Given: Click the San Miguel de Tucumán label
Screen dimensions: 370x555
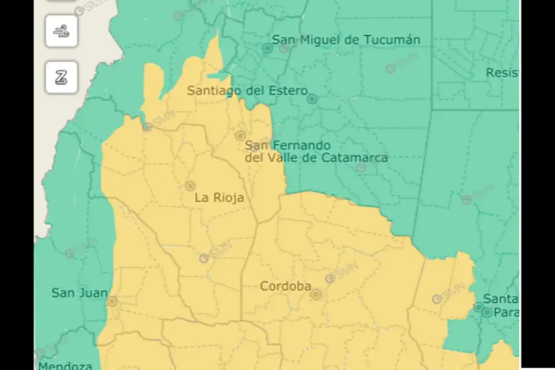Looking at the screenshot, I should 346,40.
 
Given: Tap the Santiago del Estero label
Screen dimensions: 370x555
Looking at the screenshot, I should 247,91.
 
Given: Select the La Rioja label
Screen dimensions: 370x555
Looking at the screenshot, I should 219,198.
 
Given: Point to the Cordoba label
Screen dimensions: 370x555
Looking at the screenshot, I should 285,287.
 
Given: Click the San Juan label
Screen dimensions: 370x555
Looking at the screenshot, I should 79,293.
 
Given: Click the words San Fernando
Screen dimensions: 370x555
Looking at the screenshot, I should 288,146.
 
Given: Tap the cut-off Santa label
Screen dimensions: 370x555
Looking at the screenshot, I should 500,299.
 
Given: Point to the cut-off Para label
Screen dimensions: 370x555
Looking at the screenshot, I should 505,313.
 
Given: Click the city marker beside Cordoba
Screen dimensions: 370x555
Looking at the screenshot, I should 316,294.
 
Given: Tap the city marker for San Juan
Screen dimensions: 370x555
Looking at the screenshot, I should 112,301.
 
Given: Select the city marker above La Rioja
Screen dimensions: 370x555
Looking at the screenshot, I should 190,186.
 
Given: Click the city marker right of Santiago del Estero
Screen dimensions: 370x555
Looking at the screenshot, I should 312,99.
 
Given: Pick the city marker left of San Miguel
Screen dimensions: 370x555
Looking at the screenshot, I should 268,47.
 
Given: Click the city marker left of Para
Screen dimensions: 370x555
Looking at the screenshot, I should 487,313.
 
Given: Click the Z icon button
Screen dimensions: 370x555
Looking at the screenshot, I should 61,78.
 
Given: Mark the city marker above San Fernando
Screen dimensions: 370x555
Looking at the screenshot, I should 240,135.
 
